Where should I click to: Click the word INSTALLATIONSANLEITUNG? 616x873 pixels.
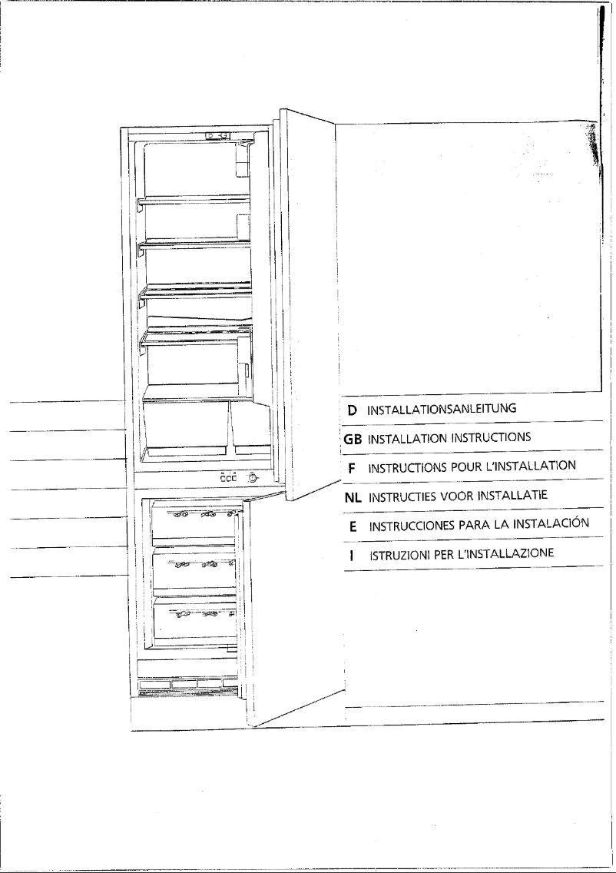[442, 410]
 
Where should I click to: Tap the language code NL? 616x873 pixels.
[353, 497]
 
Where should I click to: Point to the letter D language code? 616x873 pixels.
[353, 410]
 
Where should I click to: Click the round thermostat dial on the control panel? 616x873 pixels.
[252, 478]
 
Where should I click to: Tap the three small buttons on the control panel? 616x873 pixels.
[228, 478]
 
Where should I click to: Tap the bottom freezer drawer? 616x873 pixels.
[194, 619]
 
